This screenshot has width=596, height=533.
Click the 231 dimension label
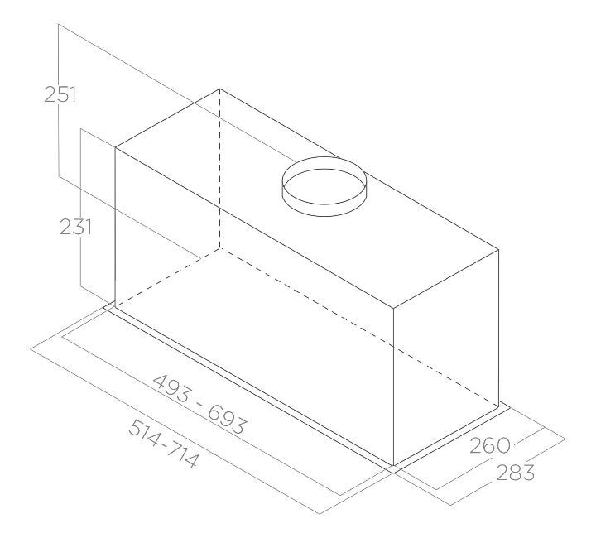coord(74,226)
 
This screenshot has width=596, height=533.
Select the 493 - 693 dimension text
coord(199,404)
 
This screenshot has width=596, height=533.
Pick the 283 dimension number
coord(513,473)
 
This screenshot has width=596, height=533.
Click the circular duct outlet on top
coord(323,186)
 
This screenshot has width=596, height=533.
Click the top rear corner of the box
coord(220,88)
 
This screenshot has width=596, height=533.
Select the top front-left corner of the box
coord(114,149)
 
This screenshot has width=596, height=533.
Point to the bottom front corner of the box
coord(392,465)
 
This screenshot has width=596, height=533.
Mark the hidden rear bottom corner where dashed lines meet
coord(220,246)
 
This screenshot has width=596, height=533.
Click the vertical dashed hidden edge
coord(220,166)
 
